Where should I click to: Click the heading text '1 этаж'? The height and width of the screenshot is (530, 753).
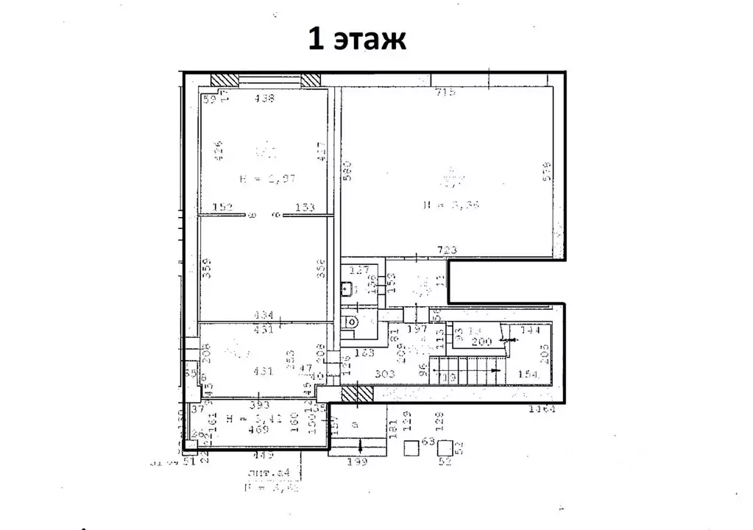point(356,38)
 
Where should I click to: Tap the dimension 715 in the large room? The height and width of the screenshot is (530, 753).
point(446,92)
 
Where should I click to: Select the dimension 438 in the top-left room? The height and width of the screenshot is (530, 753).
point(263,98)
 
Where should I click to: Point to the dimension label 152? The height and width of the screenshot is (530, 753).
point(222,208)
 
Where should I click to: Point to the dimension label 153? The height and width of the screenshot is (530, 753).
point(305,208)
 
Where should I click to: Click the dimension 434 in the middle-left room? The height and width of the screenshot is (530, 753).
point(263,315)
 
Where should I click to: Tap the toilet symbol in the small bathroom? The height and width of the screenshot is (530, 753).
point(353,321)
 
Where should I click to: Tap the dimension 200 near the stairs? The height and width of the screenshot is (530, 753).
point(481,342)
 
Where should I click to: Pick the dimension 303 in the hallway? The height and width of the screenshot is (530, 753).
point(385,374)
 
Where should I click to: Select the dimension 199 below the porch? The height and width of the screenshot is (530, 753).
point(358,462)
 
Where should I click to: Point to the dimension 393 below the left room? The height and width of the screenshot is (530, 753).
point(257,405)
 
